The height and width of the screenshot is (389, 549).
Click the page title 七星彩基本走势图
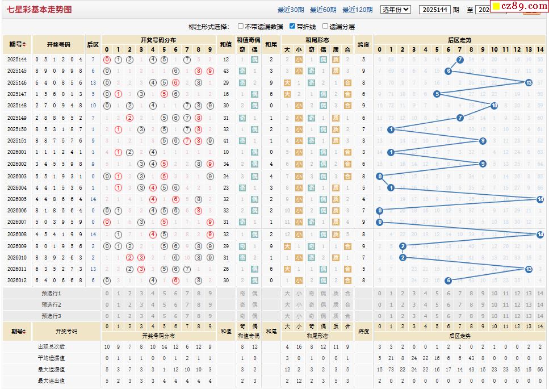coord(40,10)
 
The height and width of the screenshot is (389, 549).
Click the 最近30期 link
coord(291,10)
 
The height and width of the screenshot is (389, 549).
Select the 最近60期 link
coord(323,10)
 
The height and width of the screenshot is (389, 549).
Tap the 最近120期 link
coord(358,10)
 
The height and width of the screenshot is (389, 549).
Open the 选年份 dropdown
coord(395,10)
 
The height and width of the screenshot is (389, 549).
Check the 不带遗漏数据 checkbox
coord(241,26)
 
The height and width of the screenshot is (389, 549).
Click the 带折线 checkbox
coord(292,26)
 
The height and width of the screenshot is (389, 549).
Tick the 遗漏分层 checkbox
coord(325,26)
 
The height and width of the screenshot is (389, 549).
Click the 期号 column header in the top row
coord(17,44)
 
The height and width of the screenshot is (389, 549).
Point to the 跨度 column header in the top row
coord(363,44)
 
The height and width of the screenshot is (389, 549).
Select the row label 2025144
coord(17,60)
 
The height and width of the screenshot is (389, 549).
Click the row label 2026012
coord(17,281)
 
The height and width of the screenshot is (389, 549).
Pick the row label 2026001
coord(17,152)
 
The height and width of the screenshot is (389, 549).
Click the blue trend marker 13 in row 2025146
coord(529,82)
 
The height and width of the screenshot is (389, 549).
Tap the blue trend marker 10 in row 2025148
coord(494,106)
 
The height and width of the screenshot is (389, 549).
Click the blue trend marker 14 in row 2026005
coord(540,199)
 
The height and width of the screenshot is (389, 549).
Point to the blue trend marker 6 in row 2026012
coord(448,281)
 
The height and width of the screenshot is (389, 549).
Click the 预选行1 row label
coord(51,293)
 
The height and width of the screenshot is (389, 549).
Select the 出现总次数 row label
coord(51,346)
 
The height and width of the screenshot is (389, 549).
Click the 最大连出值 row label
coord(51,380)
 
